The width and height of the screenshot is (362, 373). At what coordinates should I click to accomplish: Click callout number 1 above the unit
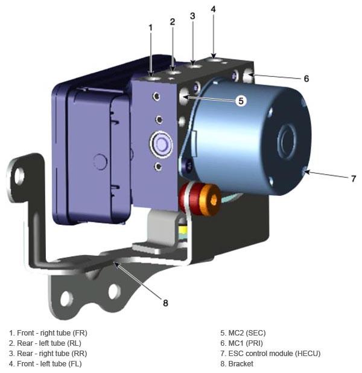click(x=151, y=28)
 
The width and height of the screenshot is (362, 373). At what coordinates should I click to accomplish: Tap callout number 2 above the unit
click(x=173, y=22)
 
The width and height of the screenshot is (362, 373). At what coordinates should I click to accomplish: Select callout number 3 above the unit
click(x=192, y=16)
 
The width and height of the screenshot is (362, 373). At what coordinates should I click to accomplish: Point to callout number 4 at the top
click(x=214, y=9)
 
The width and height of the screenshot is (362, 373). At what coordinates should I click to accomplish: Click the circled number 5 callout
click(x=241, y=101)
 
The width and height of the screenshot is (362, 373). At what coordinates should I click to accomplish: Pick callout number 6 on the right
click(x=306, y=79)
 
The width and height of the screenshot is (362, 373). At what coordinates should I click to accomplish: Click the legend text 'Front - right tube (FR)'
click(x=48, y=332)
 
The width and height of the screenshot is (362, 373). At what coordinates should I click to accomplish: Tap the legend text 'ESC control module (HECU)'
click(x=270, y=353)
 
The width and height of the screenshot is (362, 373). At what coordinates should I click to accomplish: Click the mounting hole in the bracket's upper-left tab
click(x=20, y=176)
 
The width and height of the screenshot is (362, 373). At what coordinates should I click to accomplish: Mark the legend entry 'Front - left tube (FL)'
click(x=45, y=363)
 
